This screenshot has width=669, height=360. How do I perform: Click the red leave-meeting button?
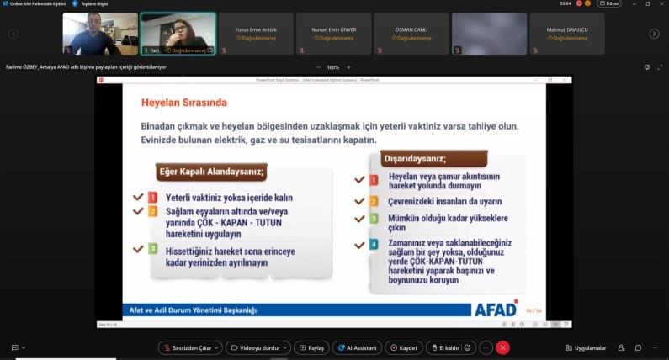point(502,347)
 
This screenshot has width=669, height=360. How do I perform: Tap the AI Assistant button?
point(355,347)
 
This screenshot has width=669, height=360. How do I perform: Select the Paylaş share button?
point(311,347)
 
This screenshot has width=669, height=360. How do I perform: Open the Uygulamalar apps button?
point(585,347)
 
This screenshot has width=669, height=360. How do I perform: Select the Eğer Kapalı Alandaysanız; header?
point(212,173)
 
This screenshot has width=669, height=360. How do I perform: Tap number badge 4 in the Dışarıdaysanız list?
point(374,245)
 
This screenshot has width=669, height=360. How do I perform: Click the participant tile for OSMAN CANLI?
point(411,34)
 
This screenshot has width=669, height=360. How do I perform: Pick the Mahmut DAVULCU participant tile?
point(564,34)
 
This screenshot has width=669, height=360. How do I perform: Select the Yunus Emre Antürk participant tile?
point(257,34)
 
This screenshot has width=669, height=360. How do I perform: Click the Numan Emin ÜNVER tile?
point(334,34)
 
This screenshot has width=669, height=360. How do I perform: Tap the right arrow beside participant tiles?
point(654,34)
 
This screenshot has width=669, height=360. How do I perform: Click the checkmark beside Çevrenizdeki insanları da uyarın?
point(359,202)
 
